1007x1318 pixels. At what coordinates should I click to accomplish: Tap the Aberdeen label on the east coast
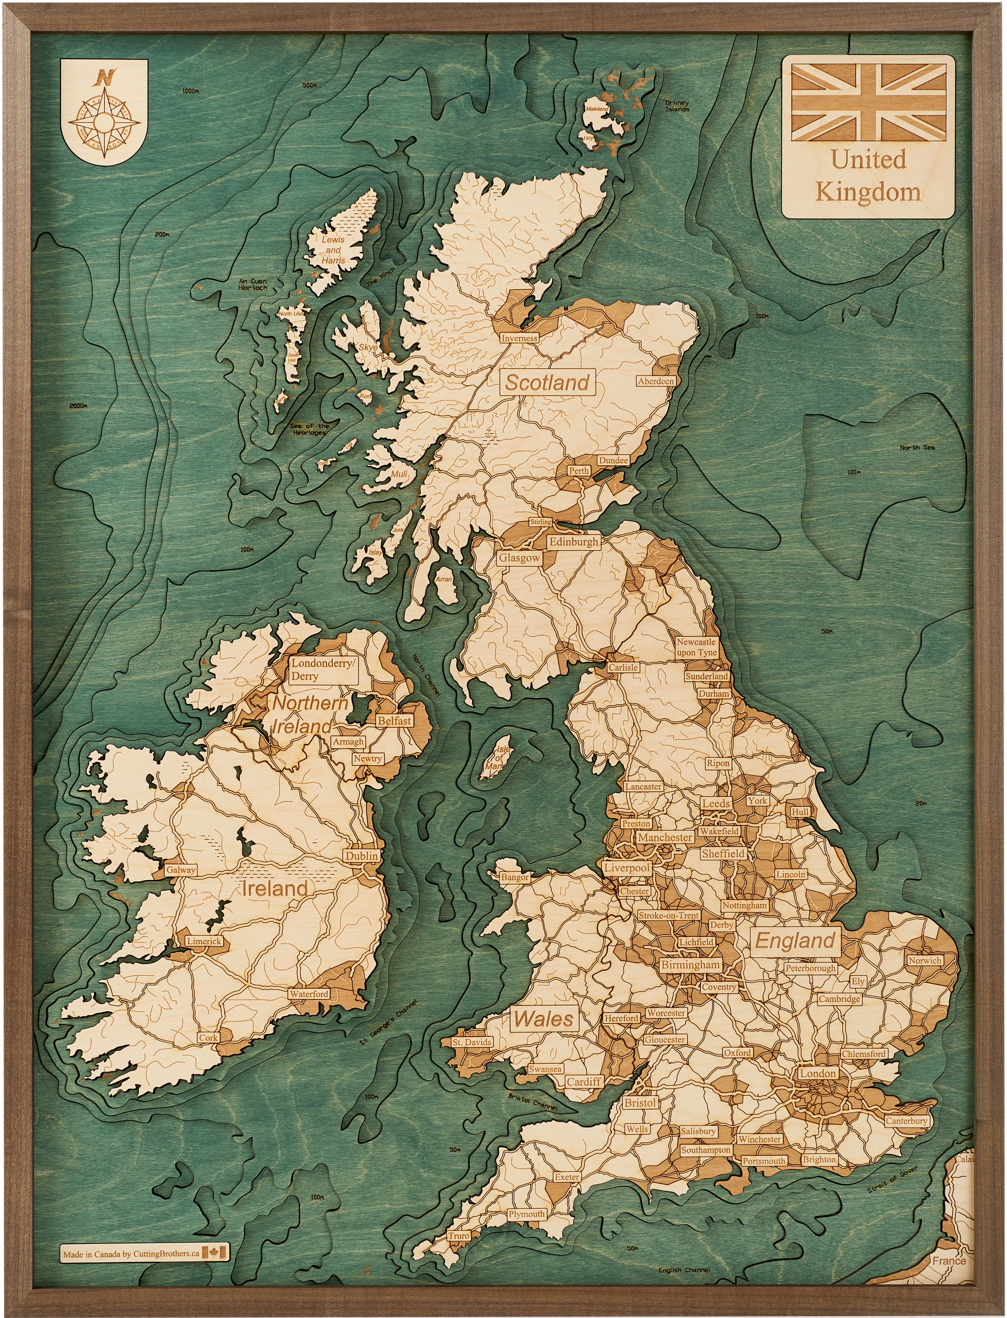[x=656, y=381]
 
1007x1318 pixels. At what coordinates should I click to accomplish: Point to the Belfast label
[x=394, y=721]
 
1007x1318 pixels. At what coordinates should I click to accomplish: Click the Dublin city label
[x=362, y=856]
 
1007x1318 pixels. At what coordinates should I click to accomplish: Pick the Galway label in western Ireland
[x=181, y=870]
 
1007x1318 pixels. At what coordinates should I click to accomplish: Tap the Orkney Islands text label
[x=677, y=106]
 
